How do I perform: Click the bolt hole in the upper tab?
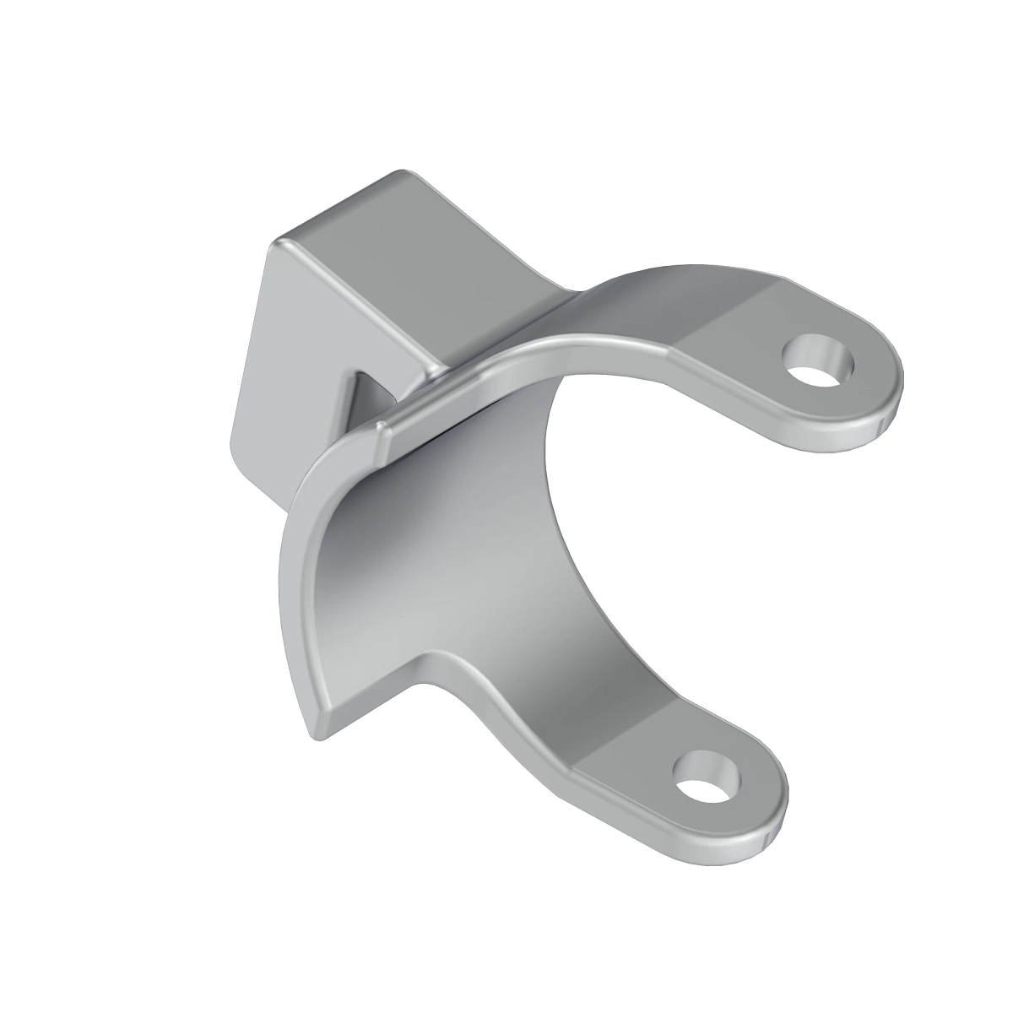point(817,360)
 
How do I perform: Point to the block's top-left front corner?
point(279,245)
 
